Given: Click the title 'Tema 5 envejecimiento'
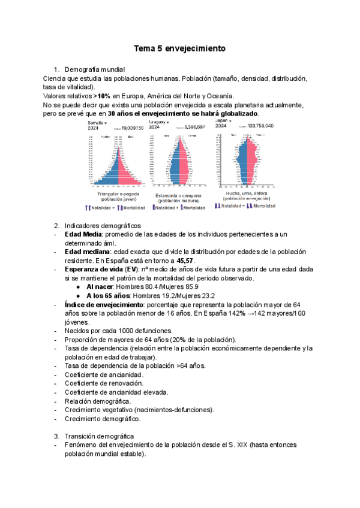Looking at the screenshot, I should pos(179,49).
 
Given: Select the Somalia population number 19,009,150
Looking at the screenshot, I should pos(132,128).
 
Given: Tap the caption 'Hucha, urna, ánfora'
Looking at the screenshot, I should pos(244,193).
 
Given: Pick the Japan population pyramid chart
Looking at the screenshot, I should pos(245,159).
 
